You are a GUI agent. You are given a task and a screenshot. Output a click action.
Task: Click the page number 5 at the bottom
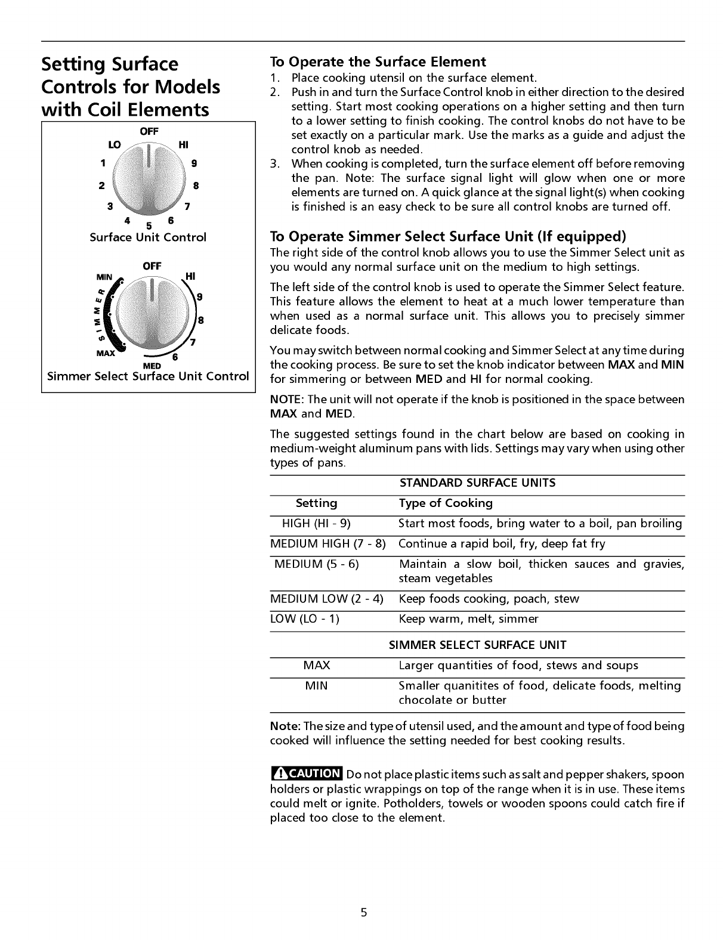point(363,913)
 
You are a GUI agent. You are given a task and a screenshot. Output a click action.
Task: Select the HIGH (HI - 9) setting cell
point(316,524)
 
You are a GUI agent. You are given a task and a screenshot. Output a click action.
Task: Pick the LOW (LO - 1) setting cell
point(305,619)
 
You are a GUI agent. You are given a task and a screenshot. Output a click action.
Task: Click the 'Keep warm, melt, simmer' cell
point(468,619)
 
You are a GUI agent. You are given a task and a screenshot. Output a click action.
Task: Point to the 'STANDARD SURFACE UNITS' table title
point(477,483)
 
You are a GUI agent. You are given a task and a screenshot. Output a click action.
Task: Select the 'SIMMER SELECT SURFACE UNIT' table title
point(477,645)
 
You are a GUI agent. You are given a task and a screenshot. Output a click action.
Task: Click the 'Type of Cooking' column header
point(446,503)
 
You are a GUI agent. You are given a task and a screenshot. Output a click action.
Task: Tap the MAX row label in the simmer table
point(317,666)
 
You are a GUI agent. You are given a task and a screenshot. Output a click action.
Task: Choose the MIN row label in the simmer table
point(316,686)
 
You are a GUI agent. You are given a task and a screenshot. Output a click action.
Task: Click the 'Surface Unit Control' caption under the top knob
point(148,237)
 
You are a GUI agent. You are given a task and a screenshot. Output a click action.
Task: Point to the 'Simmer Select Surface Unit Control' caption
point(148,376)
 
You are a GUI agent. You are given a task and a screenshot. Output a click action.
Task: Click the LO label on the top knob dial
point(114,146)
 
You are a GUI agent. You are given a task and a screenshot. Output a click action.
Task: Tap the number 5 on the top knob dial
point(149,225)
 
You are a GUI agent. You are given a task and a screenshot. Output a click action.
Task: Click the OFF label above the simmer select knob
point(152,266)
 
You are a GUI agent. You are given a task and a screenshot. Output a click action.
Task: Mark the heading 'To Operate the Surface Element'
point(378,62)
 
